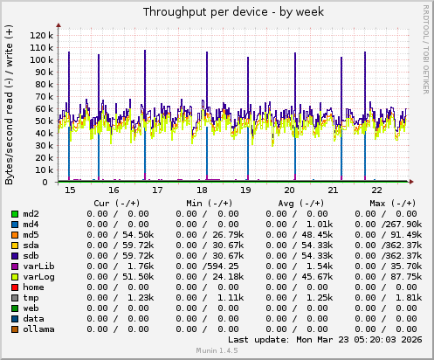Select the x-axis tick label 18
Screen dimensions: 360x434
click(x=202, y=190)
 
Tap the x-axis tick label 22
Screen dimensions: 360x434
click(x=376, y=190)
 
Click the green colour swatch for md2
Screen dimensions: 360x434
click(x=15, y=213)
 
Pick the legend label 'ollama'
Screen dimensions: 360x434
click(x=39, y=329)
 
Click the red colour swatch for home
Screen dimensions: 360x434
click(x=15, y=286)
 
